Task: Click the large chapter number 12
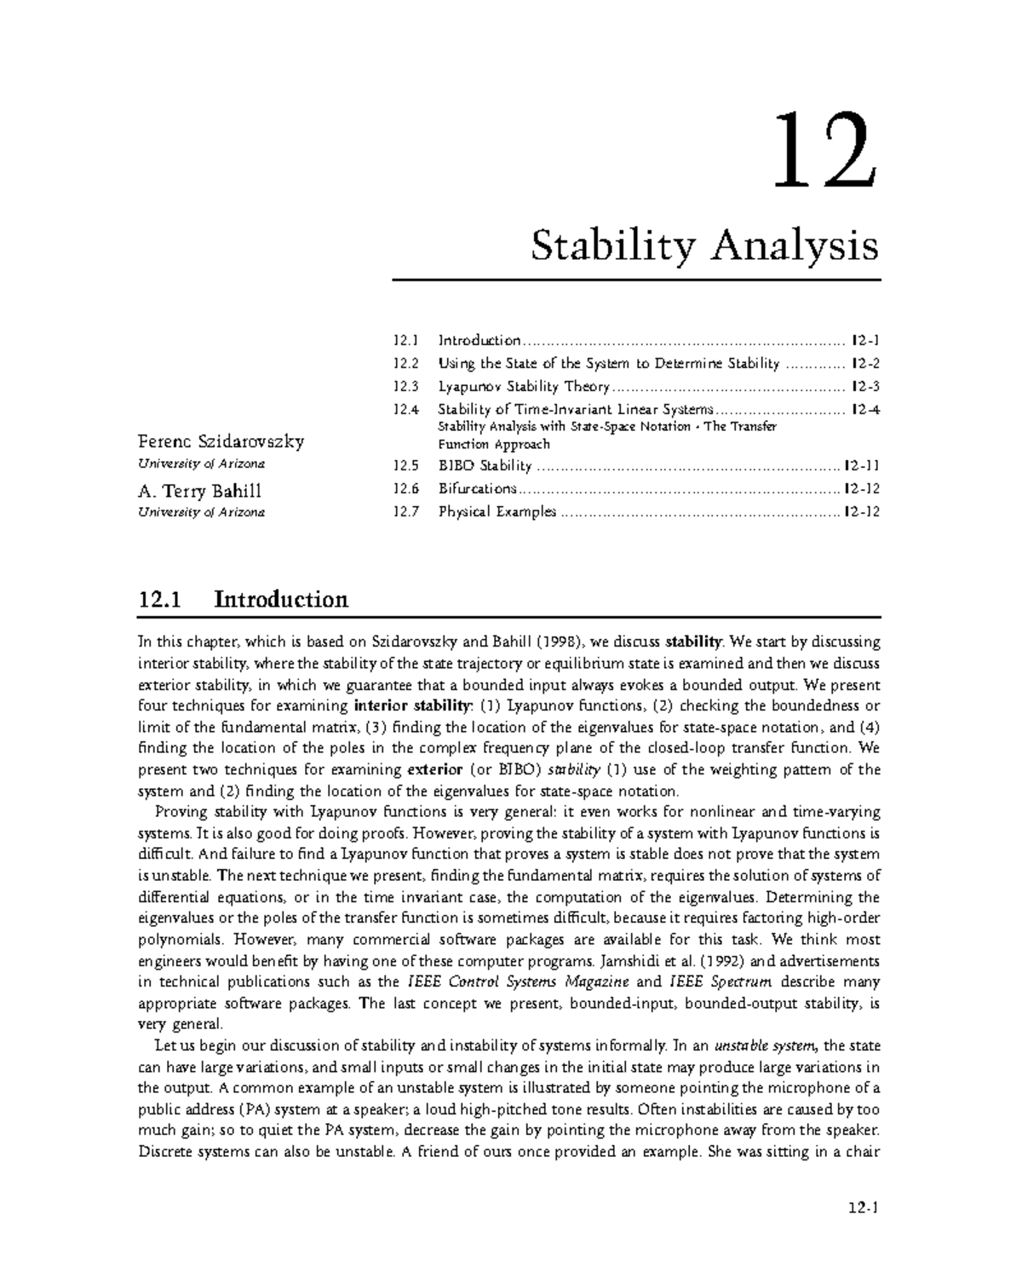(822, 151)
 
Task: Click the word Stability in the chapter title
(616, 247)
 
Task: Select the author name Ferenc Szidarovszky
(221, 441)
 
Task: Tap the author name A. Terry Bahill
(199, 491)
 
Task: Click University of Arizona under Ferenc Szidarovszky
(201, 463)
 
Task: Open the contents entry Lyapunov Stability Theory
(524, 387)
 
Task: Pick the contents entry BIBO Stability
(485, 466)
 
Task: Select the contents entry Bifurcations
(477, 489)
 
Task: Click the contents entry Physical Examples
(497, 512)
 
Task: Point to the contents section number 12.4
(406, 410)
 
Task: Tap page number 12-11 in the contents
(861, 466)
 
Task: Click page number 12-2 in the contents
(864, 364)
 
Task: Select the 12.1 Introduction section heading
(243, 599)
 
